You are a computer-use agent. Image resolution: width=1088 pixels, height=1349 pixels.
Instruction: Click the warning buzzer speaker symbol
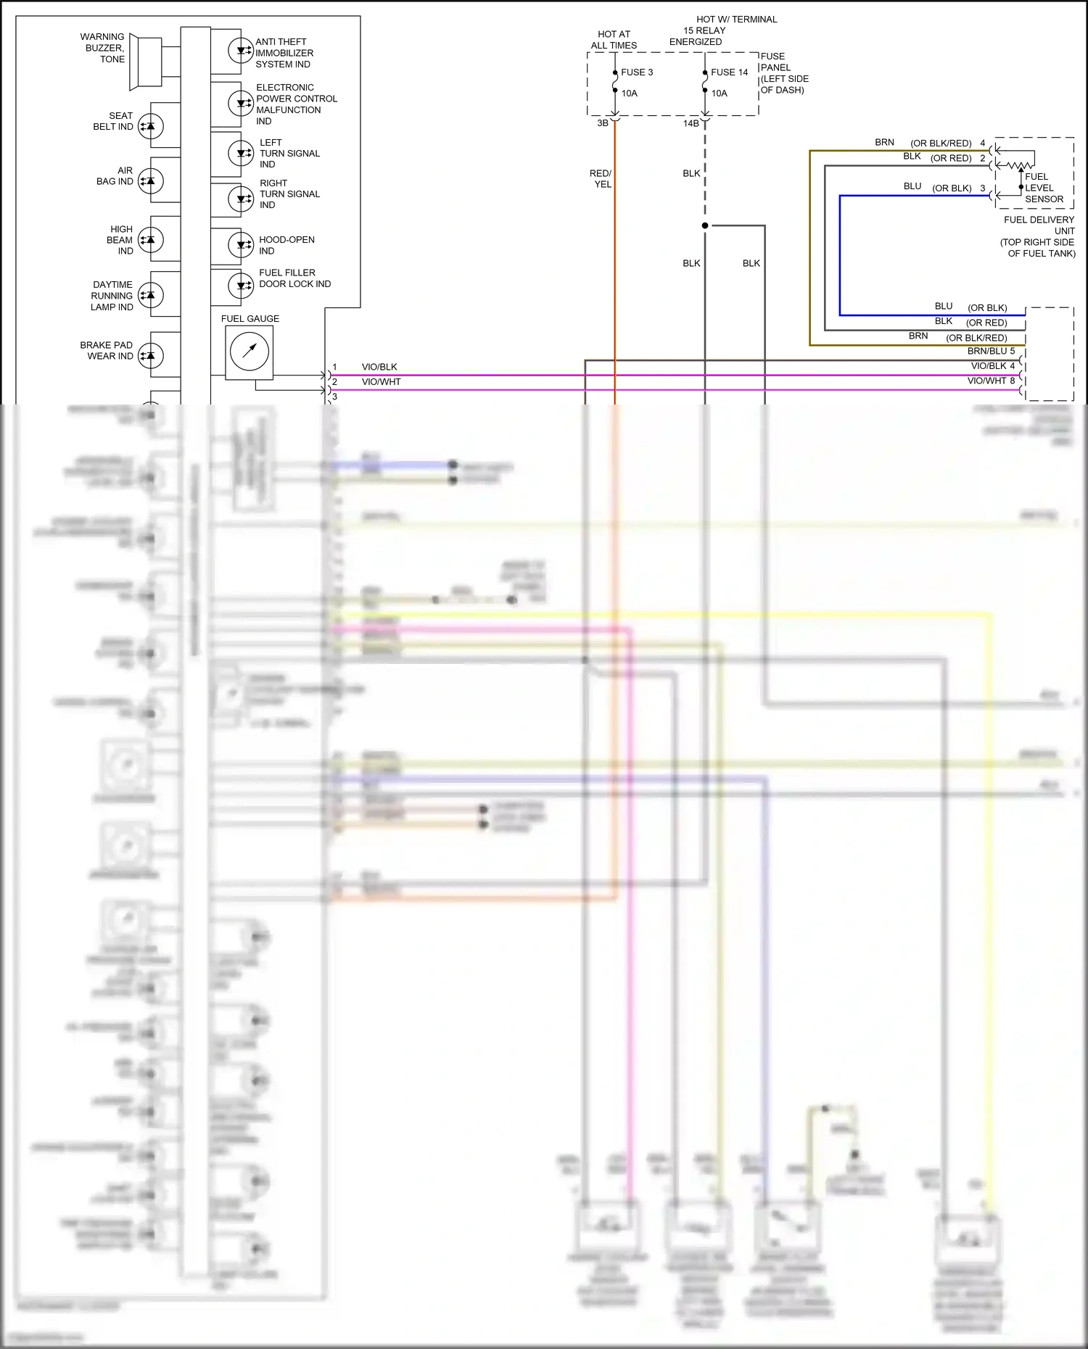[x=144, y=64]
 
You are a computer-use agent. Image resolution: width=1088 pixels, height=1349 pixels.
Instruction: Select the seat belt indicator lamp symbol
[x=151, y=126]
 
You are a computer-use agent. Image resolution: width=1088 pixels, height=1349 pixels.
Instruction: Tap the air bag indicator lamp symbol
[x=151, y=180]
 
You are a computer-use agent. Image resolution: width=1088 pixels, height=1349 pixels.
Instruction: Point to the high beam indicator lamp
[x=151, y=240]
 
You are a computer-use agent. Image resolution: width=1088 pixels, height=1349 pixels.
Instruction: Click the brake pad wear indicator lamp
[x=151, y=355]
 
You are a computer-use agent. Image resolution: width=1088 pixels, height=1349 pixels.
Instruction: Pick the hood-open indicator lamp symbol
[x=241, y=245]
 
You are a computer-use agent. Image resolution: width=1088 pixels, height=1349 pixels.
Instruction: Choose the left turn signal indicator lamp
[x=241, y=153]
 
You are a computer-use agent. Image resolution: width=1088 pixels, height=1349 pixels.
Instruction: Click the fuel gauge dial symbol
[x=249, y=352]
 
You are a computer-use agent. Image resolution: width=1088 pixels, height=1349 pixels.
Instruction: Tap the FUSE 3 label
[x=637, y=72]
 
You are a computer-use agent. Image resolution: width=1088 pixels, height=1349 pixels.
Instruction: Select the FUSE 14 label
[x=729, y=72]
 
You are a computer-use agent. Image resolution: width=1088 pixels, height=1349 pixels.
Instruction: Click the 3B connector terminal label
[x=603, y=123]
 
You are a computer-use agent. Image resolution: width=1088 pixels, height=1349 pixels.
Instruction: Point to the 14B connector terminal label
[x=691, y=123]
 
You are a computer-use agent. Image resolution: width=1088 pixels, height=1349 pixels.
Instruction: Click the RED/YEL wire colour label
[x=601, y=179]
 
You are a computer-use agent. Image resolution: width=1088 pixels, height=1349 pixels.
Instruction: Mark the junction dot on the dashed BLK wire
[x=705, y=225]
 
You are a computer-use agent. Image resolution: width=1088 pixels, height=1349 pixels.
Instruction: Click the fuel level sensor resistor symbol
[x=1018, y=166]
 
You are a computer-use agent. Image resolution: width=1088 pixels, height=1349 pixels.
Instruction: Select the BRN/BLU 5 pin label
[x=991, y=351]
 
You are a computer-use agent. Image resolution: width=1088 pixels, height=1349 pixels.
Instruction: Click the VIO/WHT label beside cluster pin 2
[x=382, y=382]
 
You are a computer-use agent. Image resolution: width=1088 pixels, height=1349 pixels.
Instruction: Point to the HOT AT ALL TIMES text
[x=614, y=40]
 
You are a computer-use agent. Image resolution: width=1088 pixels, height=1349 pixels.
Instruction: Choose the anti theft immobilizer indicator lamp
[x=241, y=51]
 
